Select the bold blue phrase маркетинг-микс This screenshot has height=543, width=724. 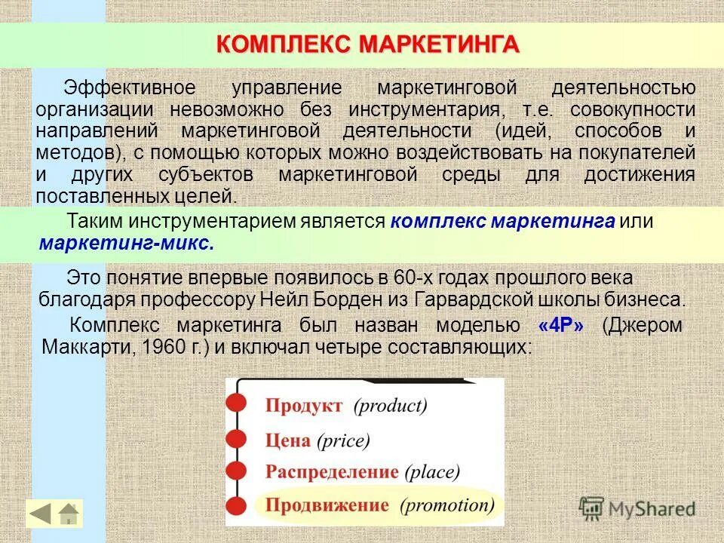(126, 244)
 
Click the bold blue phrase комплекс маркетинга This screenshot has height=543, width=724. (503, 222)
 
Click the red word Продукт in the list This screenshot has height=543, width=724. (303, 406)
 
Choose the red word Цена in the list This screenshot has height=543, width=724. (287, 440)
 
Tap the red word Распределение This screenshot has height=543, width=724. (331, 472)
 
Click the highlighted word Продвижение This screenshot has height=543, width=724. (327, 505)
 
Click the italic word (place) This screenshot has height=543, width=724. (432, 472)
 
